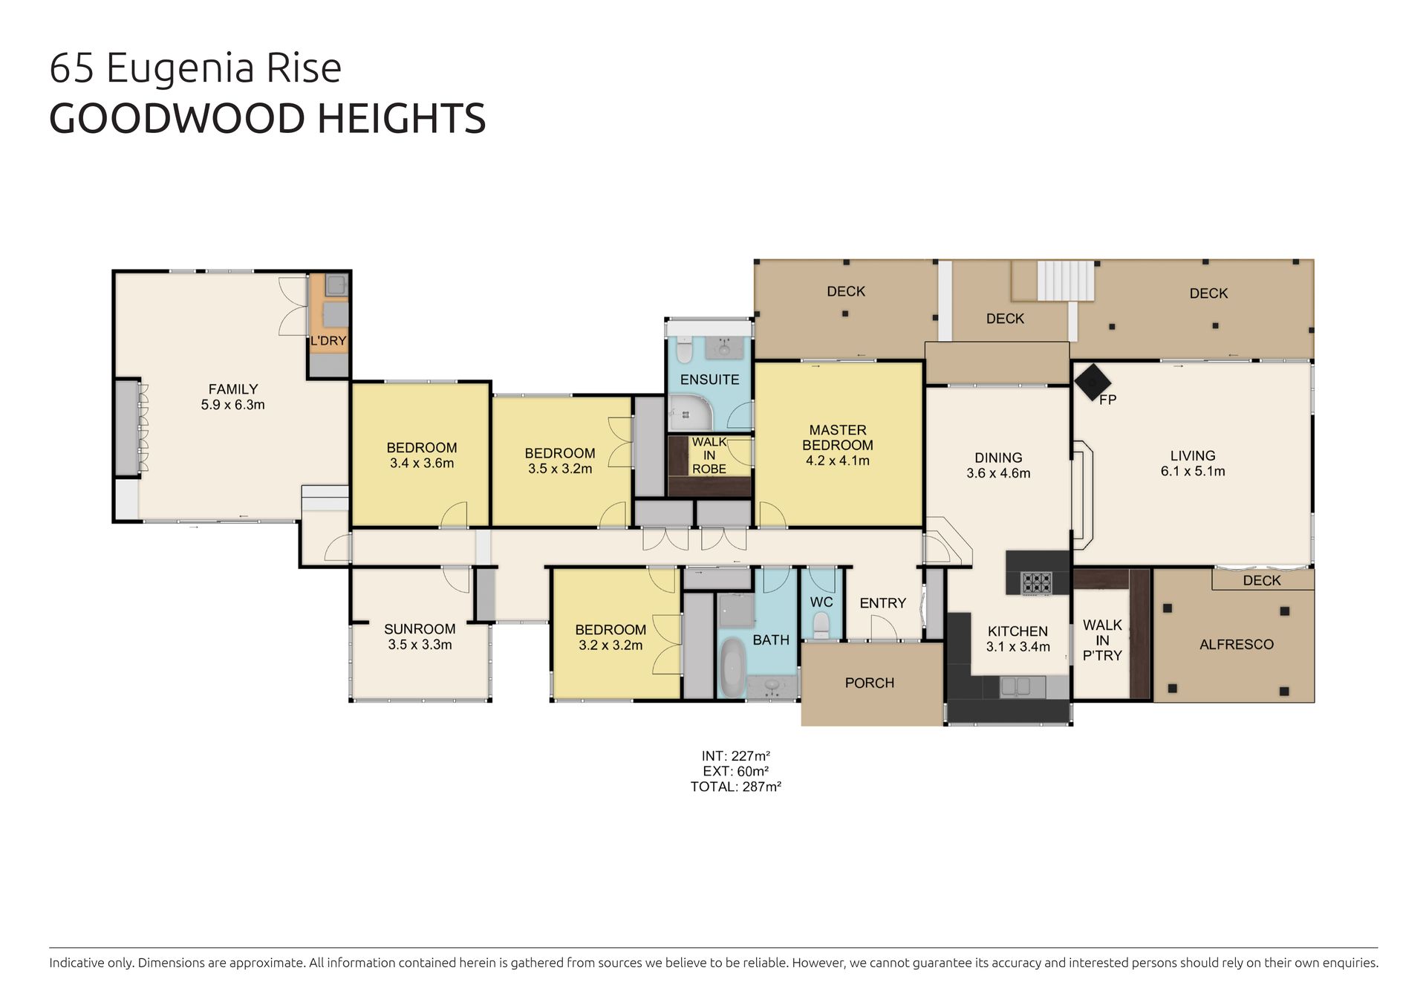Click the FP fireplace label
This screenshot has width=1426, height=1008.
tap(1107, 400)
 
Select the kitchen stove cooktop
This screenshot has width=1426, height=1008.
tap(1036, 582)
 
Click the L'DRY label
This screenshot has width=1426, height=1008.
tap(328, 341)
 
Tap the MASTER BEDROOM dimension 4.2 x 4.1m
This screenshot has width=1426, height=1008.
tap(838, 461)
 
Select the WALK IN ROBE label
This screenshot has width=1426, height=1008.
tap(709, 455)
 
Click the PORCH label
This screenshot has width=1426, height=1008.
tap(870, 683)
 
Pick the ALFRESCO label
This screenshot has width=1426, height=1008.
tap(1237, 644)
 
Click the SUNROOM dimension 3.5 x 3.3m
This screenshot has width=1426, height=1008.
tap(420, 645)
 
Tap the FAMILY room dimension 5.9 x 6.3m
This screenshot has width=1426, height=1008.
tap(233, 405)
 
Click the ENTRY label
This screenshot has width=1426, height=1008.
tap(883, 603)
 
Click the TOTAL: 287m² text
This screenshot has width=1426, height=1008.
tap(735, 787)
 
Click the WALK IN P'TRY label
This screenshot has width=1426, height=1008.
tap(1102, 640)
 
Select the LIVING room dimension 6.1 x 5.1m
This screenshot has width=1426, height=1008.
tap(1193, 472)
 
